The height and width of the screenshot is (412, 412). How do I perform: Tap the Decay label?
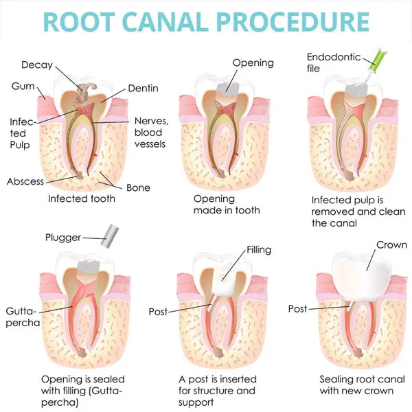[36, 65]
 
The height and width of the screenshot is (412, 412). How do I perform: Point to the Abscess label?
[25, 182]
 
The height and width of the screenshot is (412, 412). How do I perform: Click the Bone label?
[138, 187]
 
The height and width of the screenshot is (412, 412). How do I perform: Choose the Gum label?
[23, 87]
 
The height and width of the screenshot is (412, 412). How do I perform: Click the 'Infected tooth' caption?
[81, 198]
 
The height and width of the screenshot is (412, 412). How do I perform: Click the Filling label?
[259, 250]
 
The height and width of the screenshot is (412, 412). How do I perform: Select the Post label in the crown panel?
[297, 309]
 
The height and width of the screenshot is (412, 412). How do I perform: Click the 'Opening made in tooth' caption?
[224, 205]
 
